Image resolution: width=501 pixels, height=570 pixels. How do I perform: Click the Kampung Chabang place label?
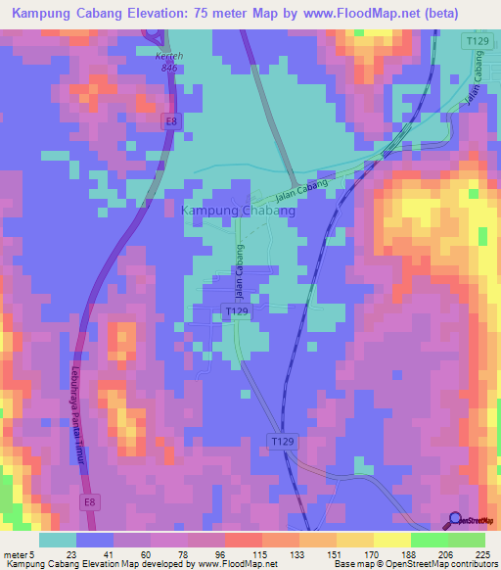[238, 211]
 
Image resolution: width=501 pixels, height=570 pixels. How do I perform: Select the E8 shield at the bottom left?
[90, 500]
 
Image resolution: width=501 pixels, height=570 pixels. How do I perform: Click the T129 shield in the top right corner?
[477, 41]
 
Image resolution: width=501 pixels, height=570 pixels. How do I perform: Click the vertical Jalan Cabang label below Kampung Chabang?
[238, 272]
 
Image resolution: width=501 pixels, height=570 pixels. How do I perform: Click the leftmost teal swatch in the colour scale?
[58, 540]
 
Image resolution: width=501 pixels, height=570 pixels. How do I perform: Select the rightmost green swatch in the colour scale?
[467, 540]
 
